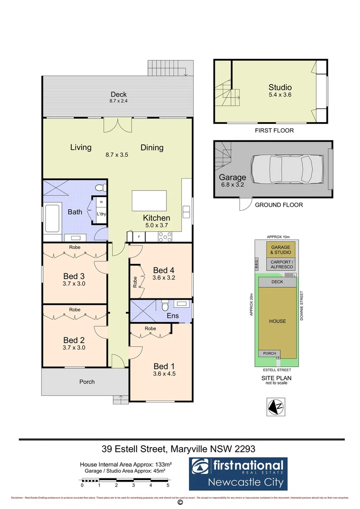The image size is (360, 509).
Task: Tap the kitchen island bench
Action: (149, 201)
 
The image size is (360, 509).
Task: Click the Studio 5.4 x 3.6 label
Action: (280, 91)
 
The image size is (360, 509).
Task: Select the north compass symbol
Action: (275, 406)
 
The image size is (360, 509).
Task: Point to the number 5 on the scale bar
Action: (168, 485)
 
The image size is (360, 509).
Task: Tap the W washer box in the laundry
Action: (101, 202)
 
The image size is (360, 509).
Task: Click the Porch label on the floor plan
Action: (87, 382)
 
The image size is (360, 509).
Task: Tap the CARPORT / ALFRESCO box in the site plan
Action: (281, 264)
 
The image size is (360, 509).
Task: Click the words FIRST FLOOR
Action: (274, 130)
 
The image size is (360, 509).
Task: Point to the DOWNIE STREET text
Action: (302, 307)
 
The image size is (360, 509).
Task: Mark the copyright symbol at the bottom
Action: (180, 503)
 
